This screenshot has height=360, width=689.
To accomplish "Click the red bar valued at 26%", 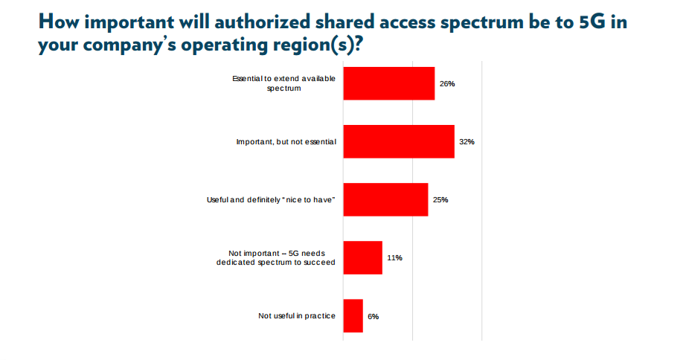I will click(388, 83).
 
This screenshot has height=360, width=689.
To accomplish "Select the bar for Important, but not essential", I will click(399, 141).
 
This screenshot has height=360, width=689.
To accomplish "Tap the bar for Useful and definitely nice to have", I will click(385, 199).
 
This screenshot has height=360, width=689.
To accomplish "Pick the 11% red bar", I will click(362, 257).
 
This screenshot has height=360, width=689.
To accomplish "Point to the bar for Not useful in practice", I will click(353, 316).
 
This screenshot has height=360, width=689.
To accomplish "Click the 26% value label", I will click(446, 84).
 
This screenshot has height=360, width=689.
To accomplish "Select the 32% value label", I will click(467, 142).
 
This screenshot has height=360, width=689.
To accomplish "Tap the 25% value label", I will click(440, 200).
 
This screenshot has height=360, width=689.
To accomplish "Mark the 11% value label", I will click(394, 258).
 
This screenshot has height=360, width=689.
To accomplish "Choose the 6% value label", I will click(374, 317).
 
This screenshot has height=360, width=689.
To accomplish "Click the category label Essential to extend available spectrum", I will click(283, 83).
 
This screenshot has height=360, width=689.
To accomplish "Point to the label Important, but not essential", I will click(286, 141).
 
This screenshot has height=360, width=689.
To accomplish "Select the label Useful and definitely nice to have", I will click(271, 200).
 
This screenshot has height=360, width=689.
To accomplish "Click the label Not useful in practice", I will click(296, 316).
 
